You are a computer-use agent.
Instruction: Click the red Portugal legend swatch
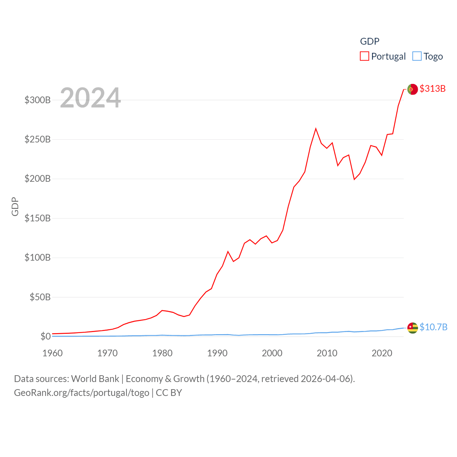pyautogui.click(x=364, y=56)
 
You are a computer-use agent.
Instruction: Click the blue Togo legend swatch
pyautogui.click(x=417, y=56)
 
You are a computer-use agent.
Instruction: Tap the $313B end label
pyautogui.click(x=432, y=89)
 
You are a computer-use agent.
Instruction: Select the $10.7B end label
pyautogui.click(x=433, y=327)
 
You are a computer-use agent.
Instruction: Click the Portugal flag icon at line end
pyautogui.click(x=412, y=89)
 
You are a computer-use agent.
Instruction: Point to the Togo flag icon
pyautogui.click(x=412, y=328)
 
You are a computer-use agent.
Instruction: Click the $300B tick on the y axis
pyautogui.click(x=37, y=100)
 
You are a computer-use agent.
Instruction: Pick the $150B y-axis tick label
pyautogui.click(x=37, y=218)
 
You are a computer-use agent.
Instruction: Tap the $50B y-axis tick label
pyautogui.click(x=40, y=297)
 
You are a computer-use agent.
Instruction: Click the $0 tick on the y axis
pyautogui.click(x=45, y=336)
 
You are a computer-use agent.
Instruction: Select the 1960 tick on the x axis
pyautogui.click(x=52, y=353)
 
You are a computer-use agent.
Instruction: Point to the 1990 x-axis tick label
pyautogui.click(x=217, y=353)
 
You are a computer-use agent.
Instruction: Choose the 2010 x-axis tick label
pyautogui.click(x=327, y=353)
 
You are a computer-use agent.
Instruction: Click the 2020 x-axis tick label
pyautogui.click(x=382, y=353)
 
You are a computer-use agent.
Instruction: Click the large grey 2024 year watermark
pyautogui.click(x=90, y=98)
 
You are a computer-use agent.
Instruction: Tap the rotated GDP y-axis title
pyautogui.click(x=15, y=206)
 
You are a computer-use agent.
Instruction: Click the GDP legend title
pyautogui.click(x=370, y=41)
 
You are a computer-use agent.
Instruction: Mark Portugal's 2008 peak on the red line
pyautogui.click(x=316, y=129)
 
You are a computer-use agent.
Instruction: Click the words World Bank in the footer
pyautogui.click(x=95, y=378)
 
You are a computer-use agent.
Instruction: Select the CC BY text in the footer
pyautogui.click(x=169, y=393)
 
